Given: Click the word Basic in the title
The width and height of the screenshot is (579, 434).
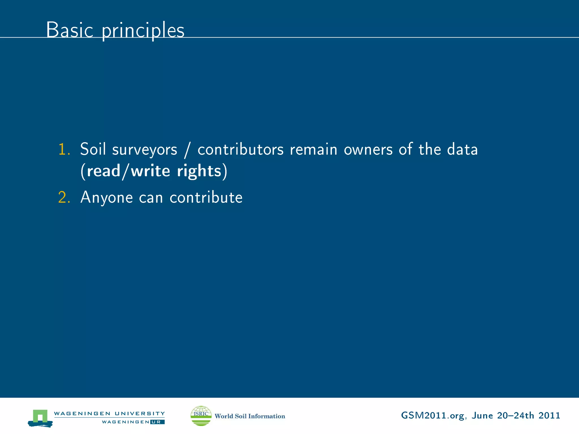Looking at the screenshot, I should (70, 30).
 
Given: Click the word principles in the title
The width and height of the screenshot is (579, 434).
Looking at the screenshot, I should (143, 31).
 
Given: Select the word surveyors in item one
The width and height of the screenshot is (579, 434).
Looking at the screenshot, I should (144, 150).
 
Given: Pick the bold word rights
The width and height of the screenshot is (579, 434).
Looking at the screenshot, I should (199, 171).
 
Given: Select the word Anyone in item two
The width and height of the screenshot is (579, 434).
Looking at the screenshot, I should (107, 198).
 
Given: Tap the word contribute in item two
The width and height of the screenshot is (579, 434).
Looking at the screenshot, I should (206, 197).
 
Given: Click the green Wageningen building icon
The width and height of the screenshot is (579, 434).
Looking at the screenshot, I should (40, 418).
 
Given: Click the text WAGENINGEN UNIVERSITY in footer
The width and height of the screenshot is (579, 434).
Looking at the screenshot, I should (109, 413).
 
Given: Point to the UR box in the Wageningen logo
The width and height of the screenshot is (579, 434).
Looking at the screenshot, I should (157, 422).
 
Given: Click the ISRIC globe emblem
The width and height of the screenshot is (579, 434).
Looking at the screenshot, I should (201, 416).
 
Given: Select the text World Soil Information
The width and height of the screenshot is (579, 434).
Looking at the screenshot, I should (250, 416).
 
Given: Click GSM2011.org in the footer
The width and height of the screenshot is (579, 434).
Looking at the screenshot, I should (432, 415).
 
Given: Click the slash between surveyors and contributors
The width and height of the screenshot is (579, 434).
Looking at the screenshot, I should (186, 150).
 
